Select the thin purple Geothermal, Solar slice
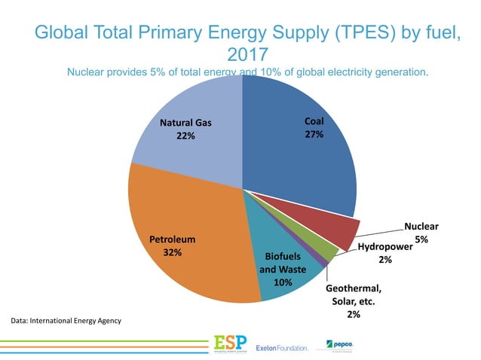pos(323,261)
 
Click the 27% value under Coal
pos(314,135)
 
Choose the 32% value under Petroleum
pos(172,252)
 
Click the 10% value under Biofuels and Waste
pos(282,282)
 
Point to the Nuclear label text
pos(421,225)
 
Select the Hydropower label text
pos(384,246)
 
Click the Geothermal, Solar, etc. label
pos(354,295)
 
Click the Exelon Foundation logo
pos(283,347)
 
